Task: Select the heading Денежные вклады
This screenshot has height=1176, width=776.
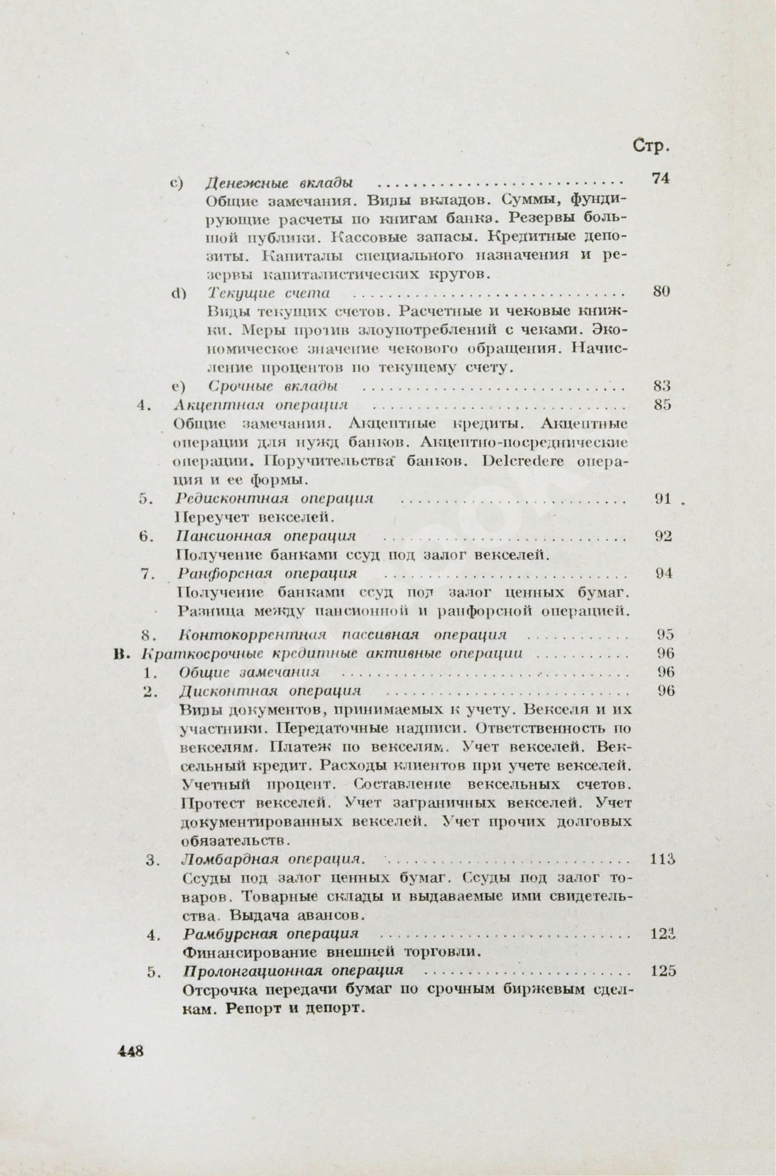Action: (x=279, y=183)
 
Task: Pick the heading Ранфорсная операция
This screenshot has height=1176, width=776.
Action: (x=267, y=573)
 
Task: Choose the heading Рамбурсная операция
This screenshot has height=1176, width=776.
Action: (x=271, y=934)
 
